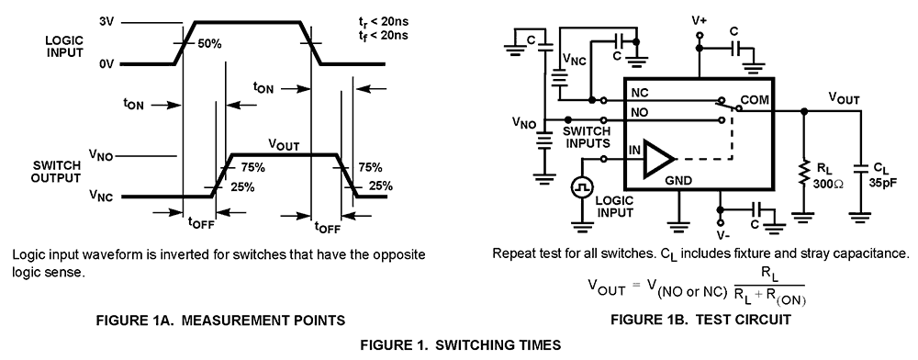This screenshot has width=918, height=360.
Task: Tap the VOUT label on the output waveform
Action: click(284, 144)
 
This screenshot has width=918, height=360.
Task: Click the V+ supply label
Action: click(700, 19)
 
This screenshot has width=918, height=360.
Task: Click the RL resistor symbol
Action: click(805, 175)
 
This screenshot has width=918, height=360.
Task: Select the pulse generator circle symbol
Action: click(580, 186)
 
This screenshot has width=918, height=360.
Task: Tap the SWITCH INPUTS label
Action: click(587, 138)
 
